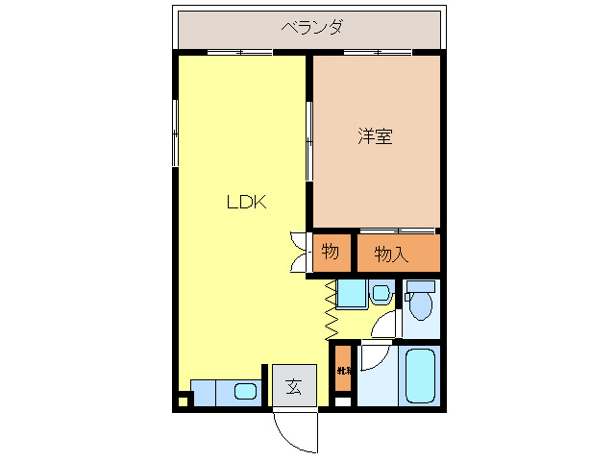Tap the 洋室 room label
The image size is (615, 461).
pyautogui.click(x=375, y=137)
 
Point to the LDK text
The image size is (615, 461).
pyautogui.click(x=246, y=203)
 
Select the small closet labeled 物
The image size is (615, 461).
pyautogui.click(x=330, y=253)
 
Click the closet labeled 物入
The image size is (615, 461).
pyautogui.click(x=392, y=255)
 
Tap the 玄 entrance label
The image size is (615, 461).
pyautogui.click(x=293, y=388)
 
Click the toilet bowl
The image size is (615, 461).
pyautogui.click(x=420, y=306)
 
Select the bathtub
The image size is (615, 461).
pyautogui.click(x=420, y=376)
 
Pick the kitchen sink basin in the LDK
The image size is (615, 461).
pyautogui.click(x=245, y=392)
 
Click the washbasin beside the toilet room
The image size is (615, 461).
pyautogui.click(x=380, y=293)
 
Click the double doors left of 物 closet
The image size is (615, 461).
pyautogui.click(x=299, y=253)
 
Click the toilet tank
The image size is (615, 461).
pyautogui.click(x=420, y=286)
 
